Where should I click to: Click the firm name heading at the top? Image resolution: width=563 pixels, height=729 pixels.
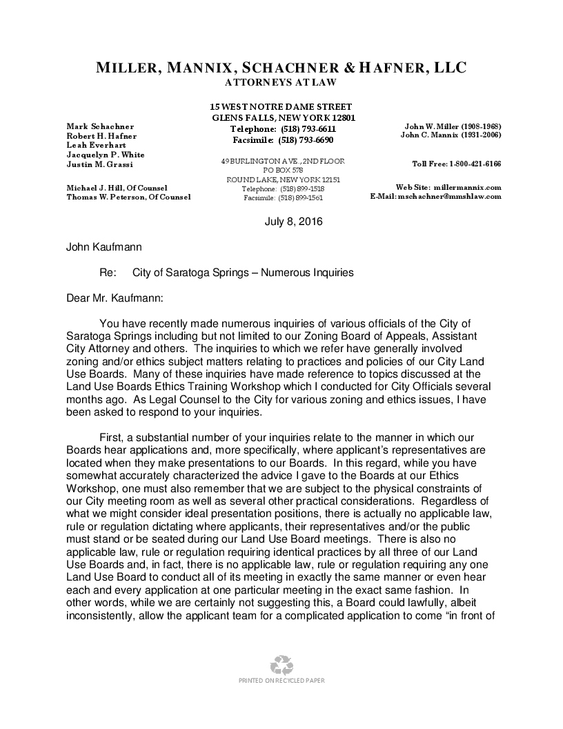coord(281,68)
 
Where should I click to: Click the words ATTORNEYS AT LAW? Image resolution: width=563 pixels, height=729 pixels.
coord(281,83)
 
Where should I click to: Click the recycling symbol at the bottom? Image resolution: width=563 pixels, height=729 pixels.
coord(281,665)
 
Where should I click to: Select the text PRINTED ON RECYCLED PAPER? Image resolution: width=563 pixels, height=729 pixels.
coord(281,681)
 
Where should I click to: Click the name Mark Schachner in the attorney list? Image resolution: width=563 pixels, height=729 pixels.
coord(100,126)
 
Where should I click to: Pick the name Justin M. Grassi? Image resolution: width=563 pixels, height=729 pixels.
coord(101,164)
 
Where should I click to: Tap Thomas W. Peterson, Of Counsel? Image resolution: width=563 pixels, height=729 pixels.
coord(128,197)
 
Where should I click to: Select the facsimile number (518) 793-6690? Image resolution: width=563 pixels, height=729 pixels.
coord(306,139)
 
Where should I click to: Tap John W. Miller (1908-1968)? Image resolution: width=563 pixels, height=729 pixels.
coord(453,126)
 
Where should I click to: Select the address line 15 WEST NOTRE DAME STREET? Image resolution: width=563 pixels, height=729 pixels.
coord(281,107)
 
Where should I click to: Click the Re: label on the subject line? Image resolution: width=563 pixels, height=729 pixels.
coord(107,273)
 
